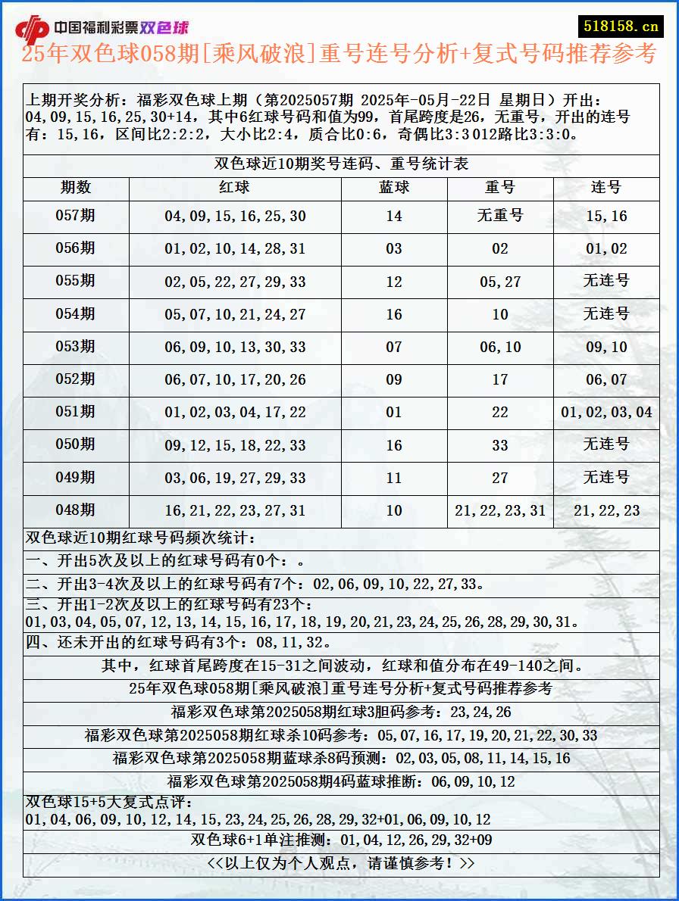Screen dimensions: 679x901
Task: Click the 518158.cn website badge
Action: pyautogui.click(x=621, y=26)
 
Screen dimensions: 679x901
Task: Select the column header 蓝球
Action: pyautogui.click(x=394, y=188)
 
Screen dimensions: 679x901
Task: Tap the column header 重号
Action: pyautogui.click(x=500, y=188)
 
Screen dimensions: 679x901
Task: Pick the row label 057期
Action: pyautogui.click(x=76, y=216)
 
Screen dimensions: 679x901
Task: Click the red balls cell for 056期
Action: pyautogui.click(x=235, y=249)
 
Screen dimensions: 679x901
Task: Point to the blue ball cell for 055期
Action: pyautogui.click(x=394, y=282)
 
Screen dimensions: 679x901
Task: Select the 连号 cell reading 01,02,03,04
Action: pyautogui.click(x=606, y=413)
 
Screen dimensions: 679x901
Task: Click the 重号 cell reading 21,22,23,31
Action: pyautogui.click(x=500, y=511)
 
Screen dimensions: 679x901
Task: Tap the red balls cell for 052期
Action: pyautogui.click(x=235, y=380)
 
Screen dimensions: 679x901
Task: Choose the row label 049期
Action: pyautogui.click(x=76, y=478)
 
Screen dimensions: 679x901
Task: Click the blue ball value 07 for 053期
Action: pyautogui.click(x=394, y=348)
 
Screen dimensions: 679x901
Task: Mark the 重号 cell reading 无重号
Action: pyautogui.click(x=500, y=216)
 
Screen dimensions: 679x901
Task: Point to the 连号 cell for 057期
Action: pyautogui.click(x=606, y=217)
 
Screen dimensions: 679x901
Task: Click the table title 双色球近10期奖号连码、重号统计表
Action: pyautogui.click(x=341, y=164)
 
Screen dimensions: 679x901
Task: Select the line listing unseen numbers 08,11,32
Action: pyautogui.click(x=179, y=643)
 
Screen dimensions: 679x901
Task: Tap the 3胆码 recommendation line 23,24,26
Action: pyautogui.click(x=341, y=712)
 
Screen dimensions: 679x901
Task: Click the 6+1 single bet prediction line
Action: pyautogui.click(x=341, y=840)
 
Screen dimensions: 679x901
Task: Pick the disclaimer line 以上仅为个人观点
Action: pyautogui.click(x=341, y=863)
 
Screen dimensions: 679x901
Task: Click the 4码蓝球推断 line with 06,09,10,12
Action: pyautogui.click(x=341, y=781)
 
